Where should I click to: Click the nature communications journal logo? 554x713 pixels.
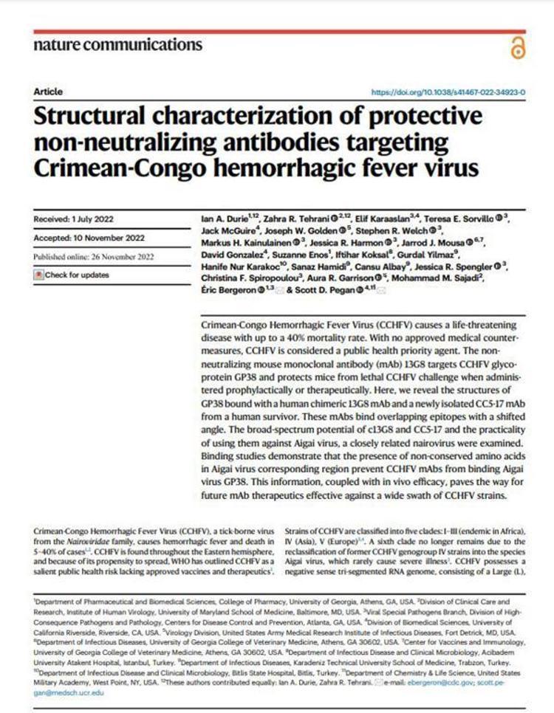pyautogui.click(x=118, y=45)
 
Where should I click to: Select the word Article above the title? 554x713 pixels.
pyautogui.click(x=48, y=92)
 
